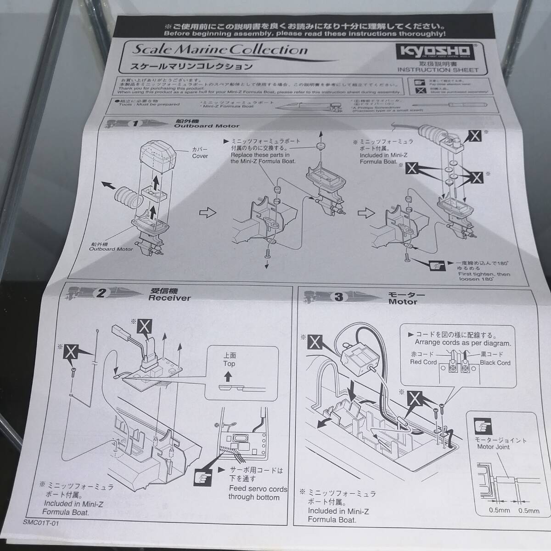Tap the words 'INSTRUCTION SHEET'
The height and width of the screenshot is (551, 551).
[438, 70]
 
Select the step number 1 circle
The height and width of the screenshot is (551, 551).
[136, 124]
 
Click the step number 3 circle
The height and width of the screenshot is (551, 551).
[339, 298]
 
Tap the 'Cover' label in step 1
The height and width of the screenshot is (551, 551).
[200, 156]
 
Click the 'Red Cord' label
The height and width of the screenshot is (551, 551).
[423, 362]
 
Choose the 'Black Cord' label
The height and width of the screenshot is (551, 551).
[495, 363]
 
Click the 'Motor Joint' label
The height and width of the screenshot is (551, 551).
[493, 447]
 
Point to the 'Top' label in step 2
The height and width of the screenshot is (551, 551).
[229, 364]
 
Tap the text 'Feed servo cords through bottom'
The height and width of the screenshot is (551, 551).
[258, 493]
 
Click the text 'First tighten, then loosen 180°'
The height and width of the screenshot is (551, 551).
[484, 277]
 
